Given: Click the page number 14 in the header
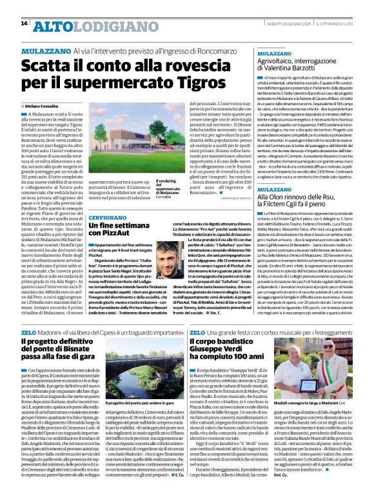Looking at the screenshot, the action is click(24, 23).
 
